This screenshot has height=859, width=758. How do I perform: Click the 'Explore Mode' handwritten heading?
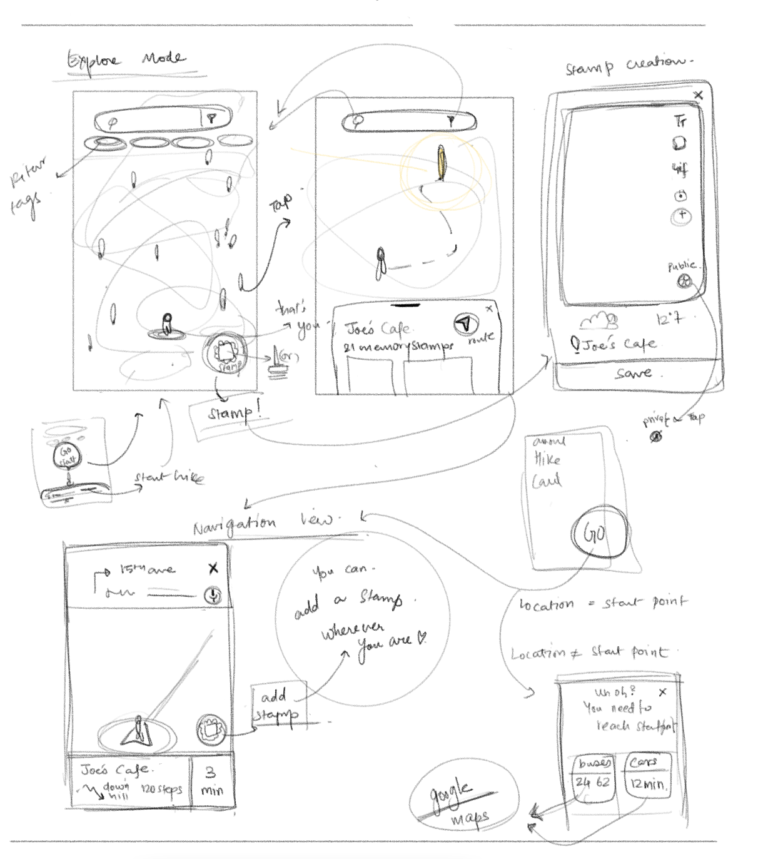tap(125, 61)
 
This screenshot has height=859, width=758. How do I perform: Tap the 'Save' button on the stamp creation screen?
tap(633, 374)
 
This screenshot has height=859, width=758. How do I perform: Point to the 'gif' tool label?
tap(680, 169)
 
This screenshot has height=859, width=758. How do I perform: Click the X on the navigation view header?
tap(213, 568)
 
